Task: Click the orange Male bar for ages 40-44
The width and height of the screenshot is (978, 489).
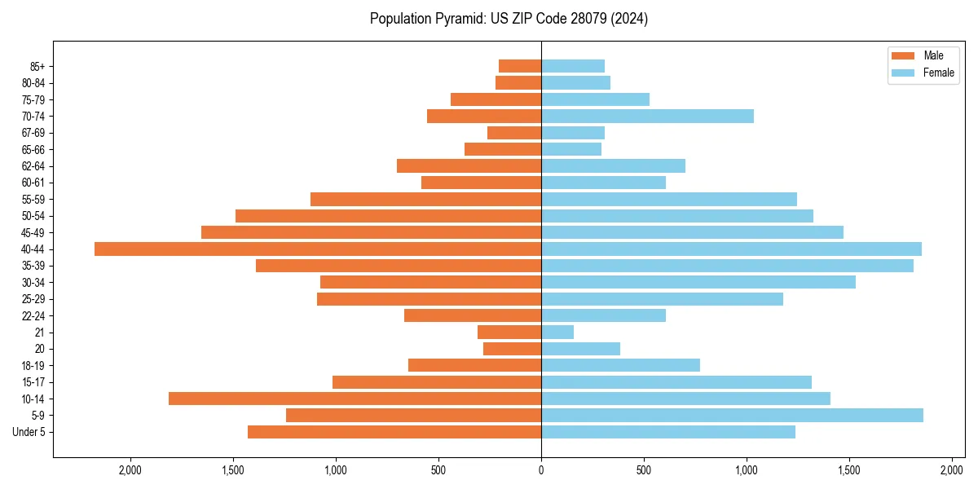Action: [x=318, y=249]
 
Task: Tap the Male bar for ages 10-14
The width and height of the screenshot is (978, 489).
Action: [x=355, y=399]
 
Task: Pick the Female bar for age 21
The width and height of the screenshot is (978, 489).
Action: [x=557, y=333]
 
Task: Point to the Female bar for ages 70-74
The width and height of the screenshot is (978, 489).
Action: [x=647, y=117]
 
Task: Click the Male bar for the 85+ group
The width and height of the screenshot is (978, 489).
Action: [x=520, y=66]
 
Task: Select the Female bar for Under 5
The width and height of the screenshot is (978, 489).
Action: [x=668, y=432]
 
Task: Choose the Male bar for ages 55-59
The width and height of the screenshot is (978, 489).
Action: [x=425, y=200]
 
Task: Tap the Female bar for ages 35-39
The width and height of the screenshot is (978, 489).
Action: [x=727, y=266]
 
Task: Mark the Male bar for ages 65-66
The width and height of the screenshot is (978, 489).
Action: [x=503, y=149]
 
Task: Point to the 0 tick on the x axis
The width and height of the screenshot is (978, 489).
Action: [x=541, y=470]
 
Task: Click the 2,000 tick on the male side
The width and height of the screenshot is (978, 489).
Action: [x=130, y=470]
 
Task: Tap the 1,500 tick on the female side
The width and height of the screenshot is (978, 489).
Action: [x=849, y=470]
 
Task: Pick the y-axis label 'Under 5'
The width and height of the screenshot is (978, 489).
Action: [x=29, y=432]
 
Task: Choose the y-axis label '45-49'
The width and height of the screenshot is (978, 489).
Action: [x=34, y=232]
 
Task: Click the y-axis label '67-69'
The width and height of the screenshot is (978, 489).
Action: [x=34, y=133]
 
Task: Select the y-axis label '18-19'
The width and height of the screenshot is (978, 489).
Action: [x=34, y=366]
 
